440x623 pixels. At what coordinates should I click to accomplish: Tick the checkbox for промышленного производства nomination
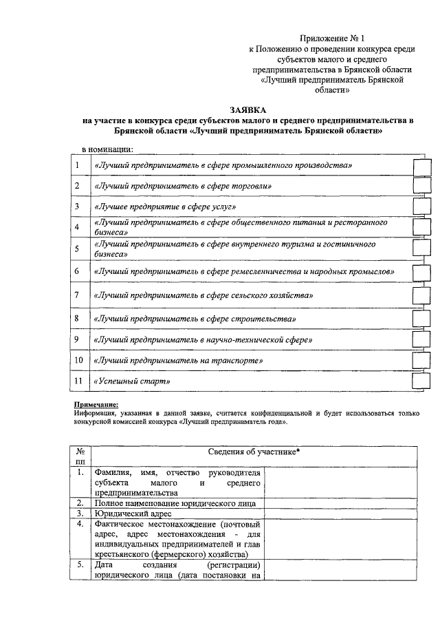click(420, 167)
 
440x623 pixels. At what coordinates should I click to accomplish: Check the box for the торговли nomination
click(420, 186)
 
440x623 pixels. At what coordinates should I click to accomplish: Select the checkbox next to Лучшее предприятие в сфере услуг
click(420, 207)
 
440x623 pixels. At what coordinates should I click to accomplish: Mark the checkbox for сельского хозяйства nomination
click(420, 295)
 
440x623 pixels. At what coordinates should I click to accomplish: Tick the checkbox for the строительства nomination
click(420, 319)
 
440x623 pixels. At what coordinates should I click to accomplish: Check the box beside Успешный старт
click(420, 381)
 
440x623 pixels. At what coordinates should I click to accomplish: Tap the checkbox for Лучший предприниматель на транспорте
click(420, 361)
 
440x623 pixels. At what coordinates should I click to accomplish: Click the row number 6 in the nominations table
click(77, 272)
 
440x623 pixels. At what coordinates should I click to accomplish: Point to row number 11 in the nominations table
click(78, 381)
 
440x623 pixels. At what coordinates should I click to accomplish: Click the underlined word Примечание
click(96, 405)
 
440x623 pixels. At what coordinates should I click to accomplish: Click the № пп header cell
click(80, 456)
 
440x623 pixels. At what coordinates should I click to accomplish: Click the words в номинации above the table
click(107, 149)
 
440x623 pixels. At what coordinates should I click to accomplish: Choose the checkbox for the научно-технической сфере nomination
click(420, 340)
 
